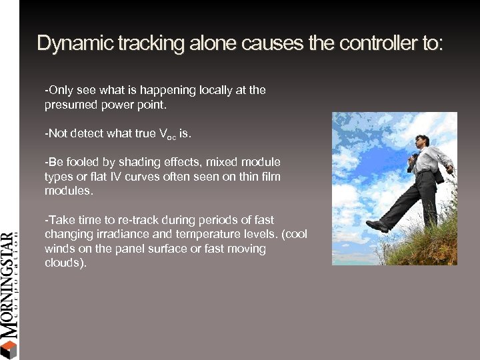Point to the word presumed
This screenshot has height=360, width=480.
click(x=69, y=105)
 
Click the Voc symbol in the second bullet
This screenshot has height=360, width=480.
click(x=167, y=134)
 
